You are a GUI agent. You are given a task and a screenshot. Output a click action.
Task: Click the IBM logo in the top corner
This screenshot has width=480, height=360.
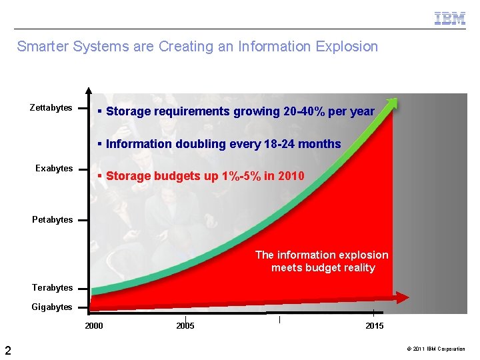coord(450,19)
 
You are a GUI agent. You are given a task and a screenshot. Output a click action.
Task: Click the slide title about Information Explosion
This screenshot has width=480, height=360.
coord(197,47)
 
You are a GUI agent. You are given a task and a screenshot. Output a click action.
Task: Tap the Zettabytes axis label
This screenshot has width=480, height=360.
coord(51,108)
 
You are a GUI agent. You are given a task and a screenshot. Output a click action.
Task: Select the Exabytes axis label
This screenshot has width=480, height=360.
coord(54,169)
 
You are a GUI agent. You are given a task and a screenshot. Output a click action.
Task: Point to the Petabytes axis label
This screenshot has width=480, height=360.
coord(53,220)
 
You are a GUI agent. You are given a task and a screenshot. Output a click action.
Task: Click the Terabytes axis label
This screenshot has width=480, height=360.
coord(53,288)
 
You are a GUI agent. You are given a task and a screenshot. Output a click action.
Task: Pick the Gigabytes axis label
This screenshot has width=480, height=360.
coord(52,307)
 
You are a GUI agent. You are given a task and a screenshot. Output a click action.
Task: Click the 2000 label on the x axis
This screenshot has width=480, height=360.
coord(94,326)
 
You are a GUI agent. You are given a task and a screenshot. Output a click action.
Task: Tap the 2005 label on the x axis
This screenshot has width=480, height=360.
coord(185,326)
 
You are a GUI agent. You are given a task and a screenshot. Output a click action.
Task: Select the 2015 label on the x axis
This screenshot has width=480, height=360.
coord(374,326)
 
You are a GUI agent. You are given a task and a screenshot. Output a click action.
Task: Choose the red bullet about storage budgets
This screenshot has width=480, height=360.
coord(201,176)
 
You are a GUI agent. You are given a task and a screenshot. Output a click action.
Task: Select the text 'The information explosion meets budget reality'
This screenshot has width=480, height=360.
coord(322,261)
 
